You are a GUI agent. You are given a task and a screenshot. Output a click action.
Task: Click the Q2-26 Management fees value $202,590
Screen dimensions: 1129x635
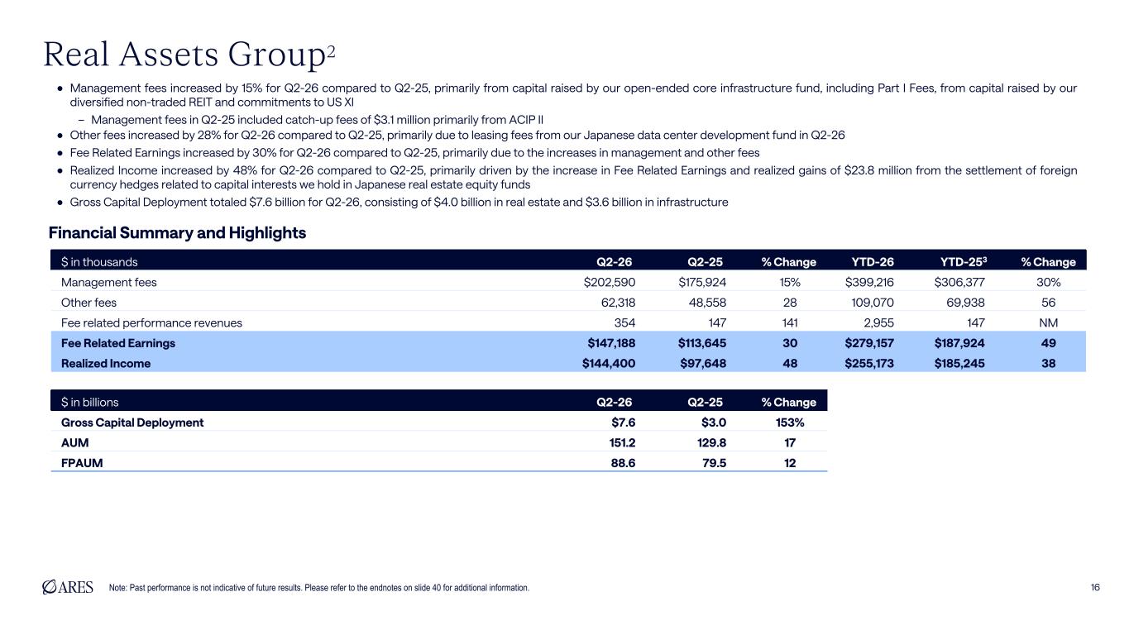610,282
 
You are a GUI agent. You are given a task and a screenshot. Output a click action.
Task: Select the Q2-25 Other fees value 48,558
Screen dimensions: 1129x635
707,303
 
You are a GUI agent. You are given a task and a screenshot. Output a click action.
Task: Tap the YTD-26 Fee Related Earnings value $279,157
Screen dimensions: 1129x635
869,343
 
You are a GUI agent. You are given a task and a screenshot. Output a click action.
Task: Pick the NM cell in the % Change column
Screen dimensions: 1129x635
1049,322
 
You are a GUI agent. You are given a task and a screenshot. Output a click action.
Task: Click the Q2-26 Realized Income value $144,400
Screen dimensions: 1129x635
609,363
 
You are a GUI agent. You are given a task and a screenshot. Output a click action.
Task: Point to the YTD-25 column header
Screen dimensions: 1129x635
964,261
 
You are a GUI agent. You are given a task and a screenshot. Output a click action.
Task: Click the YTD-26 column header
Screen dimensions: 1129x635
873,262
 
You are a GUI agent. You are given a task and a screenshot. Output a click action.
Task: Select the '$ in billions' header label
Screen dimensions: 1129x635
89,402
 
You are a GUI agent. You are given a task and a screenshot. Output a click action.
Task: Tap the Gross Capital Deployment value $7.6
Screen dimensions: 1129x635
623,423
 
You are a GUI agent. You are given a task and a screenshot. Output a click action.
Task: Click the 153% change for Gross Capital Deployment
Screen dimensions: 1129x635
790,423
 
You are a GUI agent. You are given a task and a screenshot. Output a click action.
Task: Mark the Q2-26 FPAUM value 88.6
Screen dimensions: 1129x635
623,463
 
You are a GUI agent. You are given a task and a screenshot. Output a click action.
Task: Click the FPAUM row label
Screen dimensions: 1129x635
82,463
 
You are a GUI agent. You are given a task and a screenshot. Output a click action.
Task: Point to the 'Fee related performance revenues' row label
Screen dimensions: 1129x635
151,322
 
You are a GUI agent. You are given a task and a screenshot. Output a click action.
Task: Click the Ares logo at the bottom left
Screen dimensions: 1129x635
68,587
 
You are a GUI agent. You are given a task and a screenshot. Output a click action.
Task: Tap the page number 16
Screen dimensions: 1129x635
1095,587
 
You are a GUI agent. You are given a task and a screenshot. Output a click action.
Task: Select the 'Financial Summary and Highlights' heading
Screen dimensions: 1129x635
177,233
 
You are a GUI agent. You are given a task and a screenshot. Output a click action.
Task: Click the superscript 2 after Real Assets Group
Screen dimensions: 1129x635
331,51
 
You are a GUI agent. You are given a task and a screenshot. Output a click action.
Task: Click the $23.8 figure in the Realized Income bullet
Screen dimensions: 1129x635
859,170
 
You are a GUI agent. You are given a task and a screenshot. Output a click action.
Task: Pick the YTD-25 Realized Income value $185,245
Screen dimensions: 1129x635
959,363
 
